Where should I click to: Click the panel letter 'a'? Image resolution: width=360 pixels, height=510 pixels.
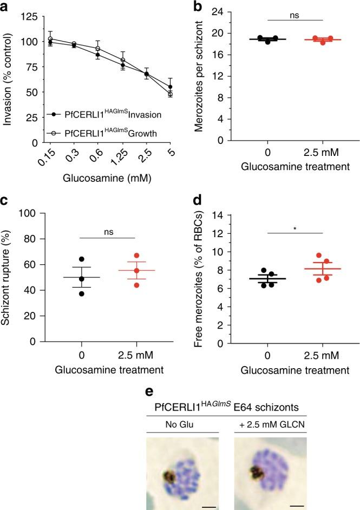tap(5, 6)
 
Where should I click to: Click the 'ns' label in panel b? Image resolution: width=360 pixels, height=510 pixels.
tap(295, 15)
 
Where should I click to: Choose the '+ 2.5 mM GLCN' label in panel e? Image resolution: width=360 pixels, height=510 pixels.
tap(270, 409)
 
